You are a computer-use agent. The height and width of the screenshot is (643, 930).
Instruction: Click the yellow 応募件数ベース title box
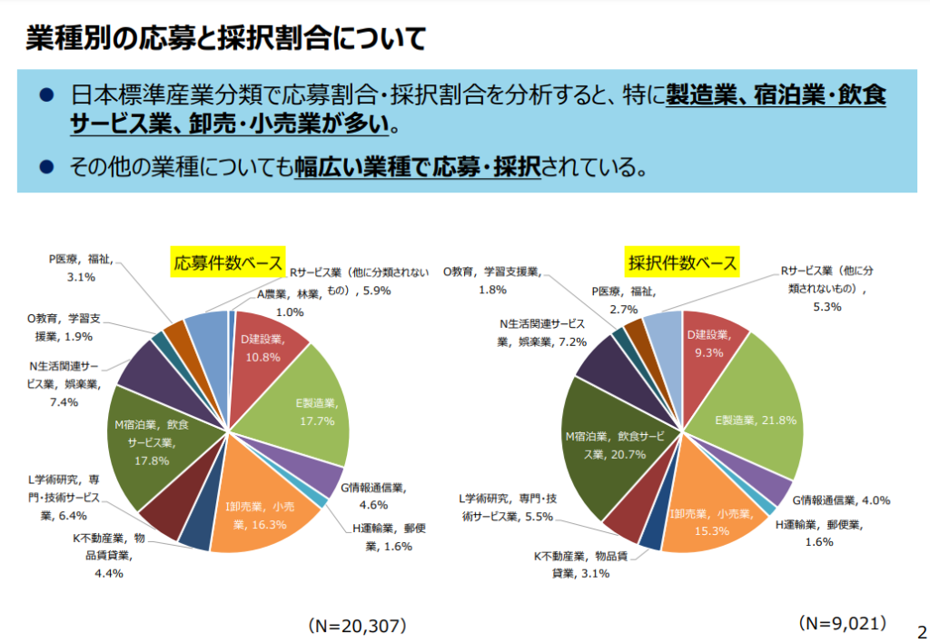(228, 263)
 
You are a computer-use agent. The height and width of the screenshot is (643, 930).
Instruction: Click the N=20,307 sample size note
(356, 627)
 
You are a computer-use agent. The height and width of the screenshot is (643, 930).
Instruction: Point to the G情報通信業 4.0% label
(841, 500)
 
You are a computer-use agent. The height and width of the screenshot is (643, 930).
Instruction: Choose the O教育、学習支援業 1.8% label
(491, 280)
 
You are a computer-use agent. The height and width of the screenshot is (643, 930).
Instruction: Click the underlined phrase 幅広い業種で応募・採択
(417, 166)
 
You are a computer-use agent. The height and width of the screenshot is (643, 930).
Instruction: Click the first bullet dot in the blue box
(47, 95)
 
